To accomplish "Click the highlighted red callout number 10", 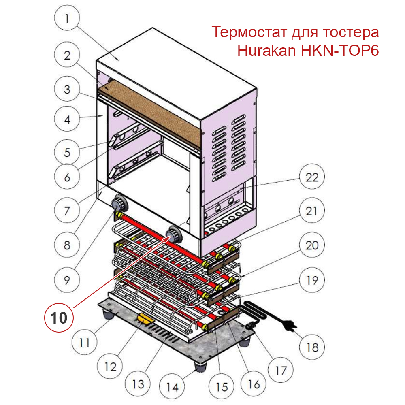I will click(59, 318).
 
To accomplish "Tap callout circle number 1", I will click(67, 19).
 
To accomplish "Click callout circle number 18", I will click(312, 347).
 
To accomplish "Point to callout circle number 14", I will click(172, 387).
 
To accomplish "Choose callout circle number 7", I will click(67, 211).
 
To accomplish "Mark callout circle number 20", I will click(312, 245).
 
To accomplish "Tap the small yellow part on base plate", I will click(144, 318).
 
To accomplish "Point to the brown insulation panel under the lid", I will click(150, 109).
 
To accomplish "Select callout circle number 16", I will click(254, 383).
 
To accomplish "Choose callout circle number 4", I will click(67, 119).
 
